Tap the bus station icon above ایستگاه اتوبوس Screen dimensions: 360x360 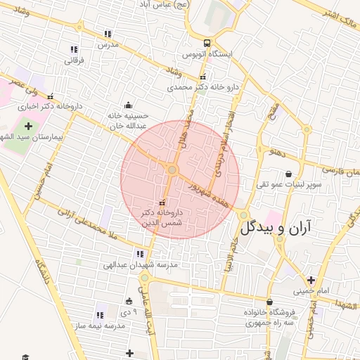(206, 42)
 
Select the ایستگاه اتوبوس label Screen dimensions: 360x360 (207, 54)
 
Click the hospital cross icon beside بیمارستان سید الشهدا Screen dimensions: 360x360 (29, 127)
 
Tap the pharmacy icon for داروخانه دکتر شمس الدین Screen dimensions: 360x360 (162, 203)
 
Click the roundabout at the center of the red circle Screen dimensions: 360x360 (172, 169)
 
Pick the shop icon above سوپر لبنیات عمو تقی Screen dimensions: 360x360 (288, 174)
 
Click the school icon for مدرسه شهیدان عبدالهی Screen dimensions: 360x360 (139, 254)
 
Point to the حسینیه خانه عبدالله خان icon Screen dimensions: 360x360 (127, 105)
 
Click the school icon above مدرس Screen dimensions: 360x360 (108, 33)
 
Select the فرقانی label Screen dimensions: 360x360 (74, 60)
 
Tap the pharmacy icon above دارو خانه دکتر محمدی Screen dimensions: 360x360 (203, 77)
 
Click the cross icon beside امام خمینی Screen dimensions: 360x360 (311, 280)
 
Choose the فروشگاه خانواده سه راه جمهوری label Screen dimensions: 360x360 (271, 318)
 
